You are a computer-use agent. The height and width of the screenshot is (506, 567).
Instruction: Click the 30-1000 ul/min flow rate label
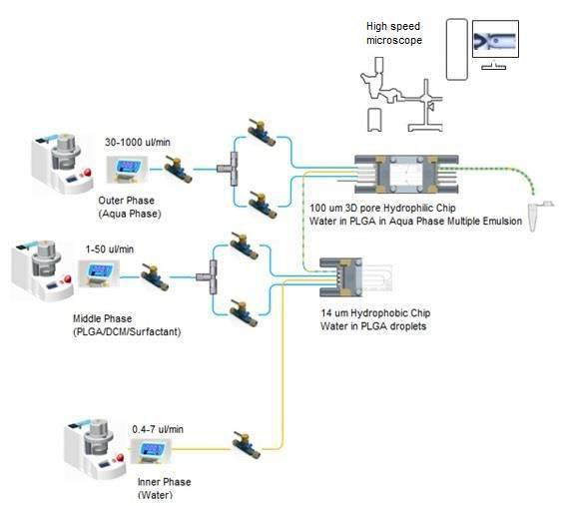138,142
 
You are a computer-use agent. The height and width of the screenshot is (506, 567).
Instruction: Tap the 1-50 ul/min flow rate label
110,250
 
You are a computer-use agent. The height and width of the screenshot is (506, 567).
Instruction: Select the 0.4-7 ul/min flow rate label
158,429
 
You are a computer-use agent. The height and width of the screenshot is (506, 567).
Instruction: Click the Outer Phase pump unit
62,161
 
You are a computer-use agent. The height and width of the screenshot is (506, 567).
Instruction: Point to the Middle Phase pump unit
42,270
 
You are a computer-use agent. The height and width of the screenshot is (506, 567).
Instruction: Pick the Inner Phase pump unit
95,447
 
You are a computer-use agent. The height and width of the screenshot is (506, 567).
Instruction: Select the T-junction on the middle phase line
208,276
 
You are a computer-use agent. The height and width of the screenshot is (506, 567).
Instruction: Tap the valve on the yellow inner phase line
247,444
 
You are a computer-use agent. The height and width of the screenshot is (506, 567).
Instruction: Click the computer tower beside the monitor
457,50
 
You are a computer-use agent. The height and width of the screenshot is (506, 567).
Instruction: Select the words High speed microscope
393,33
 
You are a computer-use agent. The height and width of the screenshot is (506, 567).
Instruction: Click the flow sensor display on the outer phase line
128,170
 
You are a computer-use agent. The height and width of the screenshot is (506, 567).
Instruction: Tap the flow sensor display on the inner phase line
151,451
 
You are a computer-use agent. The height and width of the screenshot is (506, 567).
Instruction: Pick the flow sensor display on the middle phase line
99,273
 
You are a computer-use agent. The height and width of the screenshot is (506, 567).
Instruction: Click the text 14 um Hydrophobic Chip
375,313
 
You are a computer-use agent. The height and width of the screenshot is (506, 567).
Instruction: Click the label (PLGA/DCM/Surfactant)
127,331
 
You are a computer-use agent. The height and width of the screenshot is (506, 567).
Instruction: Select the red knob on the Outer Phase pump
87,173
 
